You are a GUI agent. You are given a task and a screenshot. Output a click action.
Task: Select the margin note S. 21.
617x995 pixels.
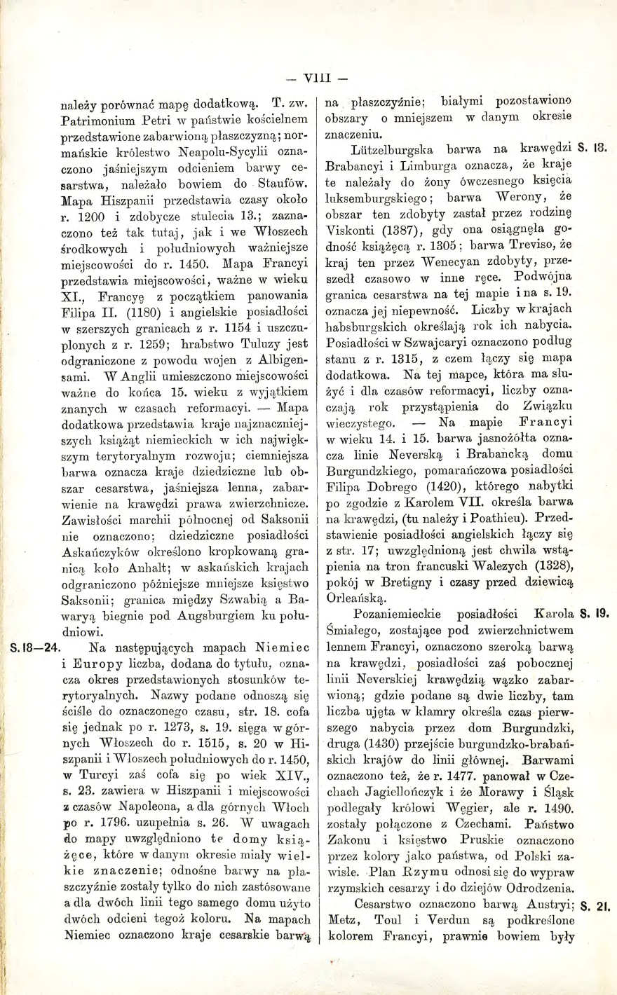pyautogui.click(x=595, y=905)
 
